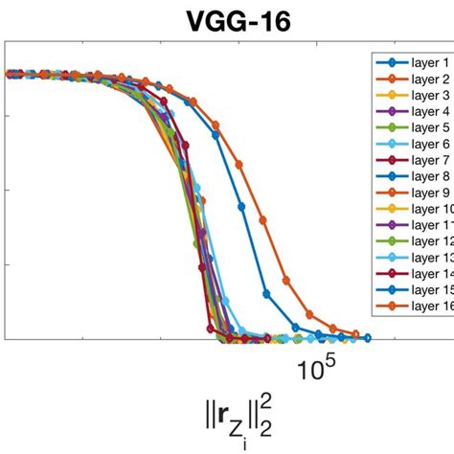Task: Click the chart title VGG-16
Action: coord(227,18)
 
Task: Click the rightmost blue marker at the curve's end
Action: coord(367,337)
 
